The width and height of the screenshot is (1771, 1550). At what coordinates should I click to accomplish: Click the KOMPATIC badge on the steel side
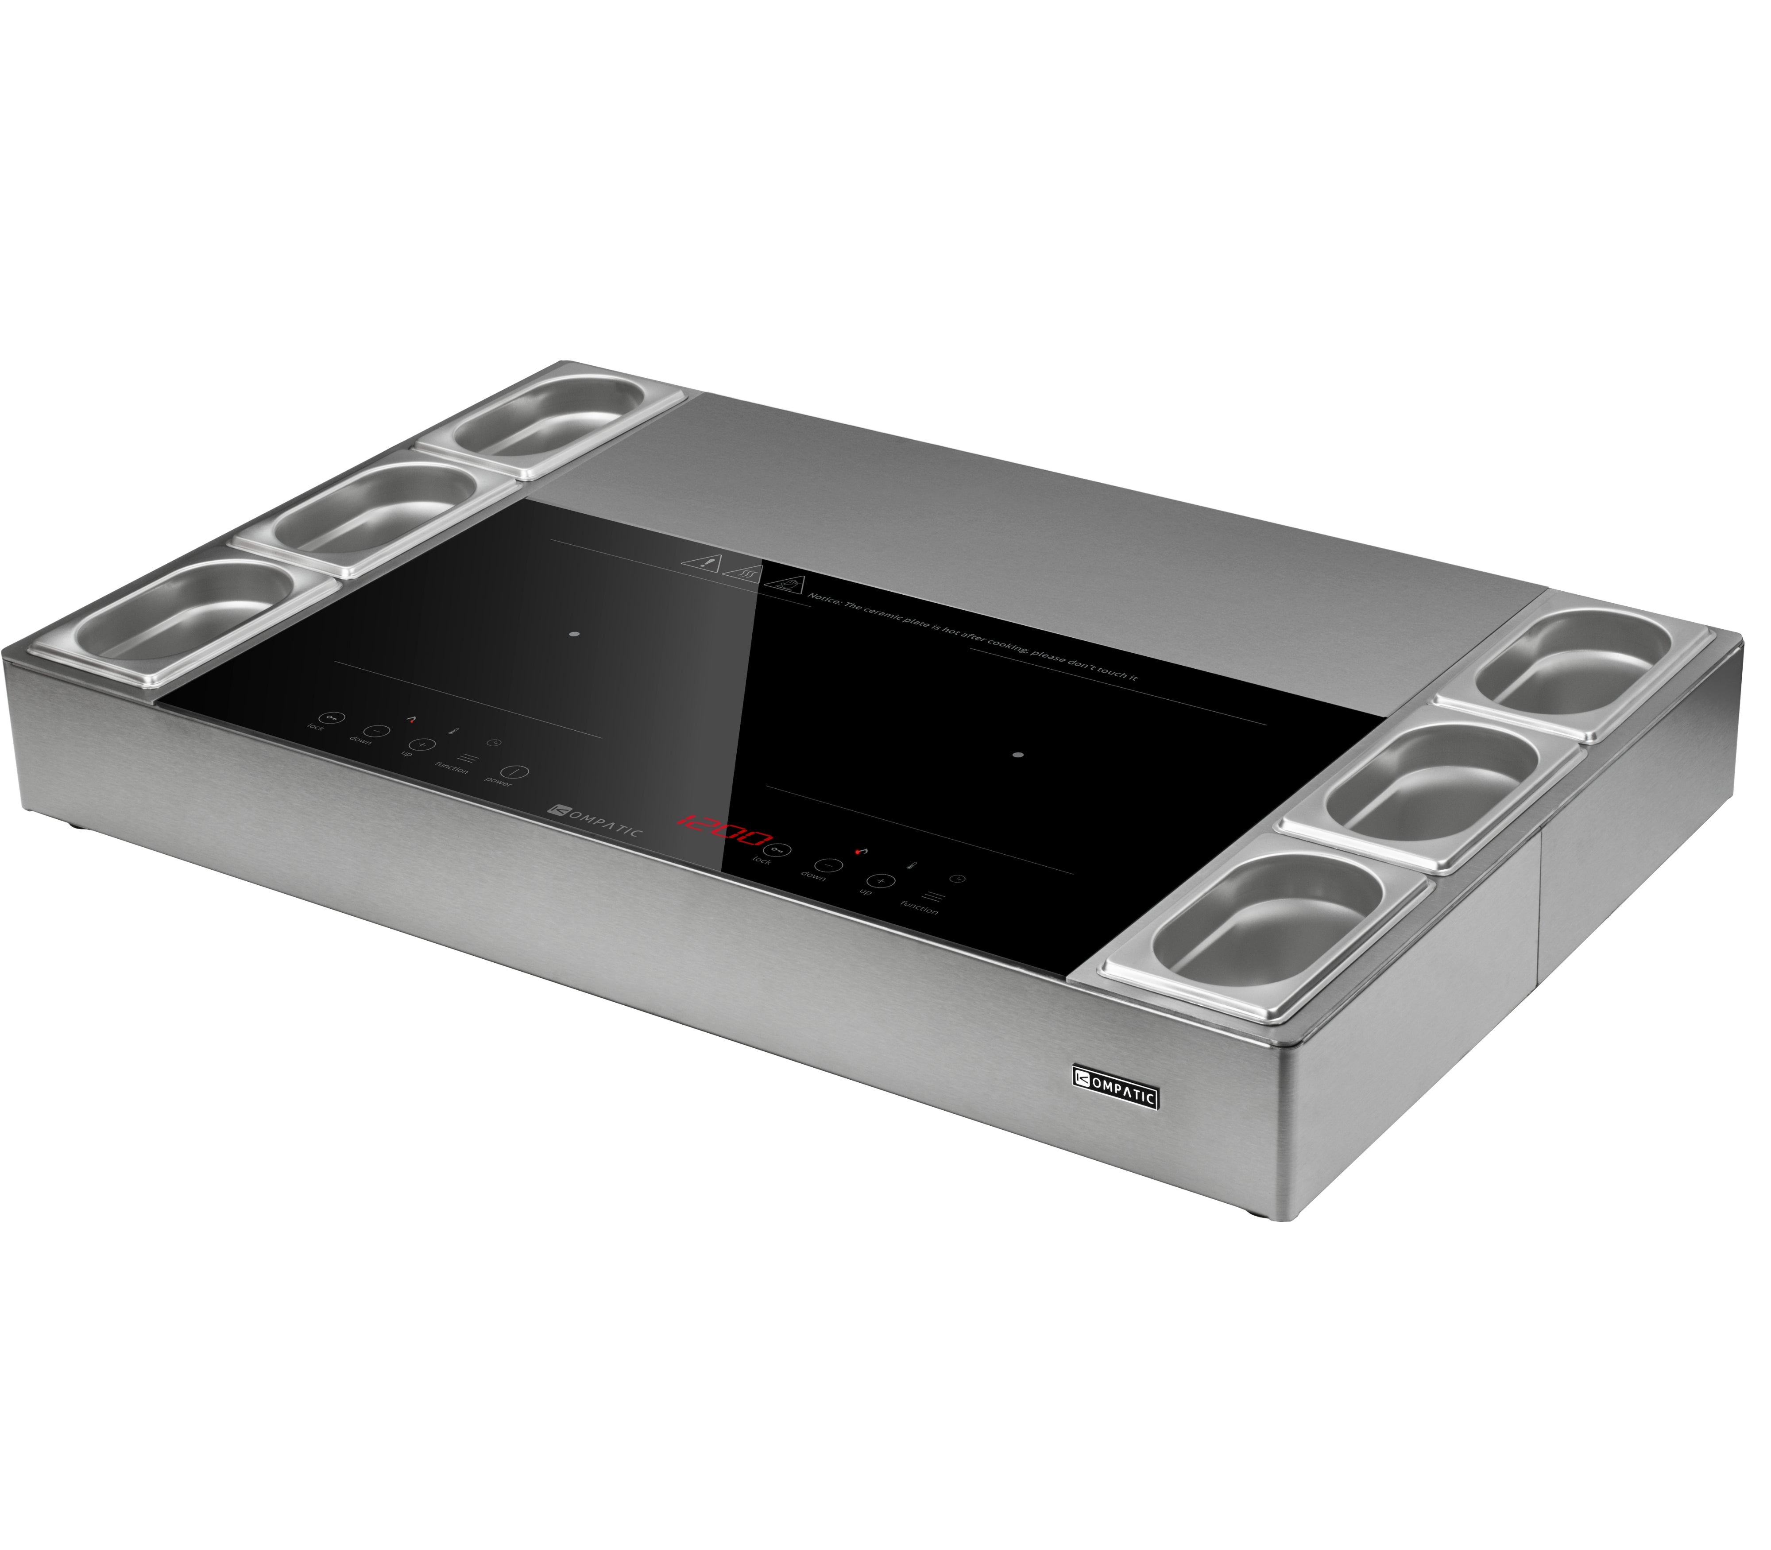[1116, 1098]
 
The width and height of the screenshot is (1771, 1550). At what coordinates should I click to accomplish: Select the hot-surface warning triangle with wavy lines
[742, 571]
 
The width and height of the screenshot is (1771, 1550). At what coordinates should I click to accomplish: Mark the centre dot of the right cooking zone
[1018, 754]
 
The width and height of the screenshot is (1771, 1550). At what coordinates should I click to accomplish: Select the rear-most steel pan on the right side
[1578, 662]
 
